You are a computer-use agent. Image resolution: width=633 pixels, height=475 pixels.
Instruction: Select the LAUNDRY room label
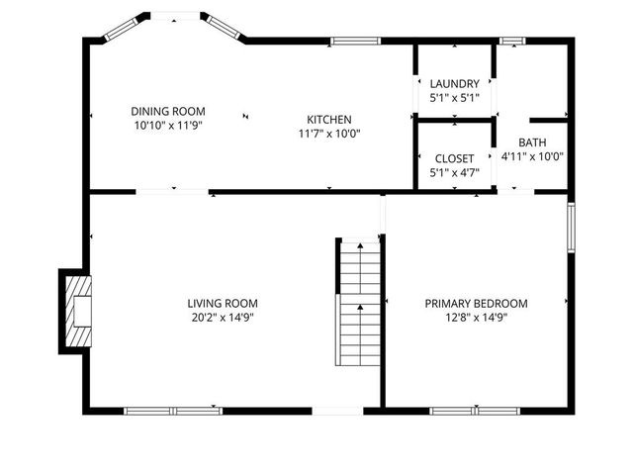pyautogui.click(x=454, y=84)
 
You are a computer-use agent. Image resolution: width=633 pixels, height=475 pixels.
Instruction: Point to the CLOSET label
pyautogui.click(x=454, y=158)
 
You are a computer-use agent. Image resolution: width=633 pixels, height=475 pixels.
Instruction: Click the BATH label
pyautogui.click(x=532, y=142)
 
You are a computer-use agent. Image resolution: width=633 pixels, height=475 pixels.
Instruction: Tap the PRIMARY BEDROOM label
pyautogui.click(x=476, y=304)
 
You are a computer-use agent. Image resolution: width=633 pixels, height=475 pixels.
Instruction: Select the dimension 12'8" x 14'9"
pyautogui.click(x=476, y=318)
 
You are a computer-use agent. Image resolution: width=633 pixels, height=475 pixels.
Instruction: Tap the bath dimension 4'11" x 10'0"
pyautogui.click(x=532, y=156)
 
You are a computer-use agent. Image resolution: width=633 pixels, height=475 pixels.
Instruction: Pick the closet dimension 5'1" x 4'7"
pyautogui.click(x=454, y=173)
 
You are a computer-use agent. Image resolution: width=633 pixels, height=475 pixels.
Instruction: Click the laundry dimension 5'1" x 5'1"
pyautogui.click(x=454, y=99)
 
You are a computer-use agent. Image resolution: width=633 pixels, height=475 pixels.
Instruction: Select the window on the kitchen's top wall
pyautogui.click(x=355, y=41)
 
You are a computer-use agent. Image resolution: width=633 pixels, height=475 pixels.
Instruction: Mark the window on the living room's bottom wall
pyautogui.click(x=172, y=409)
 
